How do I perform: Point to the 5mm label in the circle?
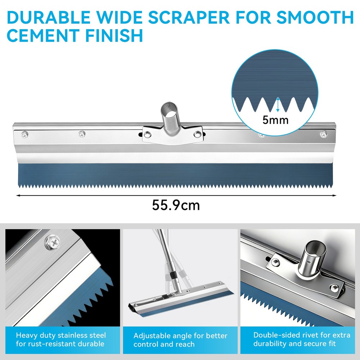[275, 120]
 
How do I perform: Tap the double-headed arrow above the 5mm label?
[278, 105]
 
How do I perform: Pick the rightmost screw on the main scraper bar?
[323, 135]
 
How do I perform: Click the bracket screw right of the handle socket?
[197, 134]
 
